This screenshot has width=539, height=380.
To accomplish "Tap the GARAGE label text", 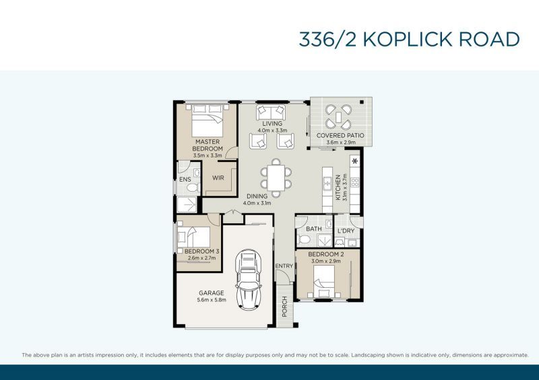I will pos(211,293).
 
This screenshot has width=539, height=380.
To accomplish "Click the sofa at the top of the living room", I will pos(272,112).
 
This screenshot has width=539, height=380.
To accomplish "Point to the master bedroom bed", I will pos(207,124).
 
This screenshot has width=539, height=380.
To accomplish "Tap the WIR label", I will pos(218,178).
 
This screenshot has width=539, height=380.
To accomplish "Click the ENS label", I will pos(185,180).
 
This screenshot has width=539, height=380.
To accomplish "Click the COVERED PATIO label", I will pos(340,135).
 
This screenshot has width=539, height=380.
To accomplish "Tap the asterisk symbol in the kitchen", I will pos(354,161).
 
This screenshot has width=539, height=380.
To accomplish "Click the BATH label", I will pos(314,229).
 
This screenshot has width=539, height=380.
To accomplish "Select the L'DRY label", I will pos(346,231).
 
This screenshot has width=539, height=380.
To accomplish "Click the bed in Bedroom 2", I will pos(323,281).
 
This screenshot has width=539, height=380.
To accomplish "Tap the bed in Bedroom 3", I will pos(195,237).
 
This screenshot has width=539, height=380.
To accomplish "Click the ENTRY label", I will pos(284,266).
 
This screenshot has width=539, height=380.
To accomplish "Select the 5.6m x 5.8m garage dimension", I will pos(211,301).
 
